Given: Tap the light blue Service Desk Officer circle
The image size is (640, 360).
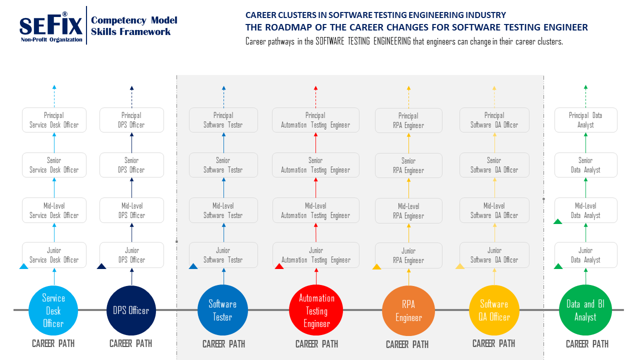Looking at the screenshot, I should [x=53, y=310].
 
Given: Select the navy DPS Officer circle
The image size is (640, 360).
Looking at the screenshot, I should [x=131, y=310].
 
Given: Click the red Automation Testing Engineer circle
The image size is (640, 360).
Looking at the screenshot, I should [x=316, y=310].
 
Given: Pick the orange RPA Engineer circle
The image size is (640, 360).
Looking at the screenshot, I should [x=408, y=310].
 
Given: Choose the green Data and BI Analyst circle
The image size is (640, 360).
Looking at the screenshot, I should [x=585, y=310].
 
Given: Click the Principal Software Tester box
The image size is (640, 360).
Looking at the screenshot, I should [x=223, y=120].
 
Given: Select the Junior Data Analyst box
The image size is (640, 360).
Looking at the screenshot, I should [x=585, y=255].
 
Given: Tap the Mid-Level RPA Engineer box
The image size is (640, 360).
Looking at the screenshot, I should [x=408, y=211].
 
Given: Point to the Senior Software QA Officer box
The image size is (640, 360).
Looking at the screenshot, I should [x=494, y=165].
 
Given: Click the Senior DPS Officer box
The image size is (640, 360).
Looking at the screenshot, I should [x=131, y=165].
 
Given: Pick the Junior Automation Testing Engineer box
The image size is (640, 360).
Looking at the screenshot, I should [x=316, y=255].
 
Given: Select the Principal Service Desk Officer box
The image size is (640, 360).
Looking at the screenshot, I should [x=54, y=120].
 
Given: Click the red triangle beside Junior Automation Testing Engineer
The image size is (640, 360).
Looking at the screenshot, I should [x=279, y=266].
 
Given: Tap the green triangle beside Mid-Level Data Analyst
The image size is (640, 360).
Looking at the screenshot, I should [x=558, y=221].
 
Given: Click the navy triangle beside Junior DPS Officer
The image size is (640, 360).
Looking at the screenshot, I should [x=101, y=266].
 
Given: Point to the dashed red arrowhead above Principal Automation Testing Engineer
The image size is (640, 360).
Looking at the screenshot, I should [x=315, y=88].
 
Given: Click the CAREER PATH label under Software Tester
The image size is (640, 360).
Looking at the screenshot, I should [x=223, y=344].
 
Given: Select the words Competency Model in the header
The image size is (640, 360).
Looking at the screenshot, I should [x=134, y=20].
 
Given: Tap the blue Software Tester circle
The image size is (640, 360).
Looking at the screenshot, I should [x=222, y=310].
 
